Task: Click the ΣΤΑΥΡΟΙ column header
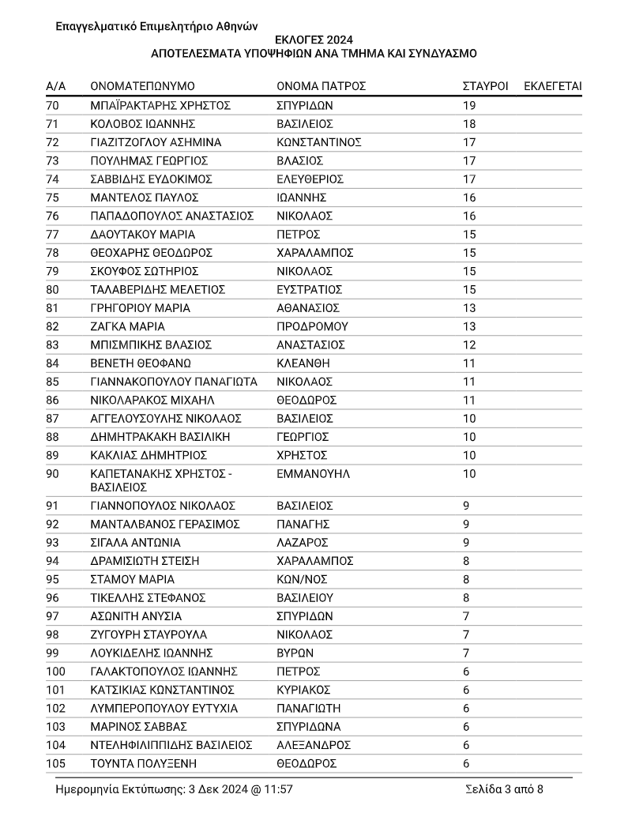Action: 485,85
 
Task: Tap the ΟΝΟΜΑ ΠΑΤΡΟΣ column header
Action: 321,85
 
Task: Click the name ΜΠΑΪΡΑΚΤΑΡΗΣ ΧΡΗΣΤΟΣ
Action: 160,105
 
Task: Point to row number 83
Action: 53,344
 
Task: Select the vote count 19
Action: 469,105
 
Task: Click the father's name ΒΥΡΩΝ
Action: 295,653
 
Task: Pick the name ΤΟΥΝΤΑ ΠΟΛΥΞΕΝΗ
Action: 143,763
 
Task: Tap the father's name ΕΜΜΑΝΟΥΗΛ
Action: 313,473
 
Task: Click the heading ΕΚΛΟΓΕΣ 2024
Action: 314,40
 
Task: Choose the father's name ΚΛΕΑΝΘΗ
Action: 303,363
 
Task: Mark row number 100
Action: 56,671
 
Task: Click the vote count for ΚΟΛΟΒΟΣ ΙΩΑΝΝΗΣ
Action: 469,123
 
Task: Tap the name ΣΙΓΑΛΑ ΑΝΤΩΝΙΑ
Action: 135,542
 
